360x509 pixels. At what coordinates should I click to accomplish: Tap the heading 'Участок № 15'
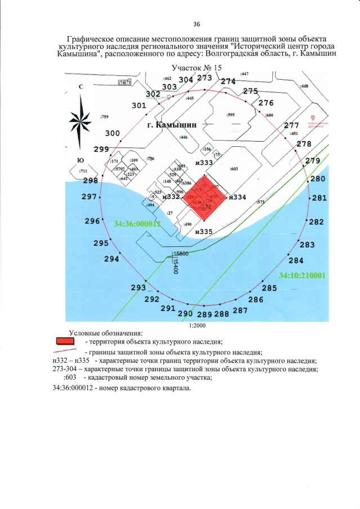197,67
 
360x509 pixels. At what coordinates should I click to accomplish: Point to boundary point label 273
205,78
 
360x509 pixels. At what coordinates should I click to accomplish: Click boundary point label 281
319,198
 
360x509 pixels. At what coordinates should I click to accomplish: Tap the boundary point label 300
112,133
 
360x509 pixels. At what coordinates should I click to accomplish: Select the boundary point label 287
240,310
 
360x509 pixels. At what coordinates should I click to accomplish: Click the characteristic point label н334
238,197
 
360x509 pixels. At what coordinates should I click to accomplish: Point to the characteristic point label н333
203,163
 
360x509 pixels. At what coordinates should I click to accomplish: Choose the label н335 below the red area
203,231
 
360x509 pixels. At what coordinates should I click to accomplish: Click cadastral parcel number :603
235,169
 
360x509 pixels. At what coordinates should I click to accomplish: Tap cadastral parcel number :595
231,114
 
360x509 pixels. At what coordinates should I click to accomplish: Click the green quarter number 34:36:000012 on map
137,223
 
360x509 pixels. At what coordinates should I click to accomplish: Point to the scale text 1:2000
197,325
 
